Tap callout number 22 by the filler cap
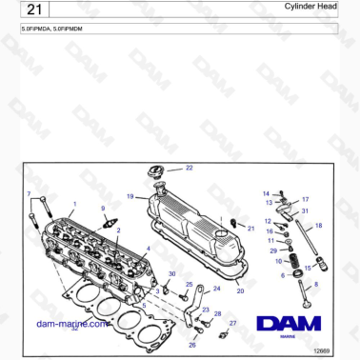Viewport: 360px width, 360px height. [189, 168]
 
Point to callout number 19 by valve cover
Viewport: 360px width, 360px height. [130, 195]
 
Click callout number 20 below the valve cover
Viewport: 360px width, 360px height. [239, 290]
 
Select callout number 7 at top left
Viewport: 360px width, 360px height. [30, 193]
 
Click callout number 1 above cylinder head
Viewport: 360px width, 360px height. [75, 204]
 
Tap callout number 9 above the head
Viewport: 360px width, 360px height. [103, 208]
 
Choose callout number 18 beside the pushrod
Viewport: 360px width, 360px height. [319, 225]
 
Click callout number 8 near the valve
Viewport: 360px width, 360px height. [316, 284]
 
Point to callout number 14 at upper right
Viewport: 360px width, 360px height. [266, 193]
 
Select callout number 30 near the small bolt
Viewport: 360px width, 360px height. [171, 274]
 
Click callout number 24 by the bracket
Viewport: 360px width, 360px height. [216, 288]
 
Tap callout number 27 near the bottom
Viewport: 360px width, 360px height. [231, 324]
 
